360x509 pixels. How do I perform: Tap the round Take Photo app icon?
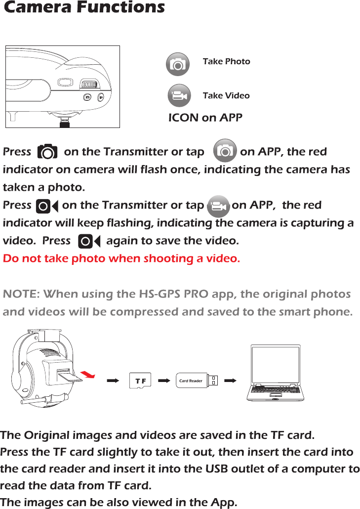coord(178,64)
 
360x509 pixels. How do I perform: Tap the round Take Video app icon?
coord(179,96)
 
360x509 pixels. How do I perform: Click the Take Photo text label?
coord(226,61)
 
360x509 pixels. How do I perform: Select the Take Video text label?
coord(226,95)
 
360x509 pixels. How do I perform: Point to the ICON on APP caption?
coord(205,118)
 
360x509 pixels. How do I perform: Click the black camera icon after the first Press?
coord(47,152)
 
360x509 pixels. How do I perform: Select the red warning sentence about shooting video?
coord(121,258)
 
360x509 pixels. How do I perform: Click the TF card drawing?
coord(140,381)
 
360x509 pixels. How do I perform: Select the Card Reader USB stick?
coord(197,381)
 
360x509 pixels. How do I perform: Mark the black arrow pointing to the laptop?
coord(230,381)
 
